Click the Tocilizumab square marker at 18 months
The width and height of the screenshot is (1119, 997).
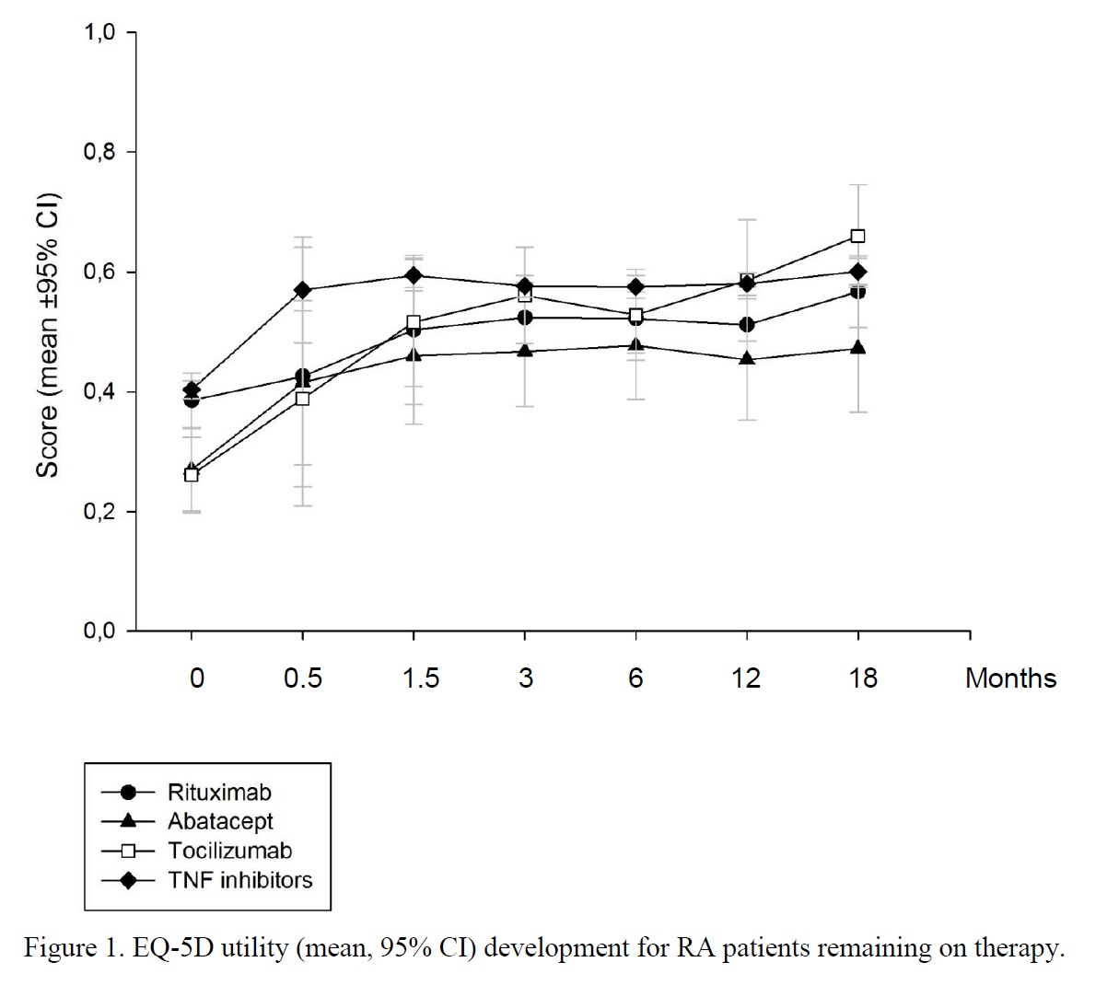pos(857,236)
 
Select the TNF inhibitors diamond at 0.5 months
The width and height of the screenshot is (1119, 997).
pos(302,290)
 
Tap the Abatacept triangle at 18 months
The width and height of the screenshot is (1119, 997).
pos(857,348)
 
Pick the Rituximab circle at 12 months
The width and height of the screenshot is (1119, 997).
pos(747,324)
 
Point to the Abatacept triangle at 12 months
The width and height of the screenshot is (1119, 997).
pos(747,358)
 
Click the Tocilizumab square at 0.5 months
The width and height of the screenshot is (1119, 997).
pos(302,399)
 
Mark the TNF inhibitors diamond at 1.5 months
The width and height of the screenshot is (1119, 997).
pos(414,275)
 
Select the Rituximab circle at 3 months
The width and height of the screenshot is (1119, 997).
pos(524,317)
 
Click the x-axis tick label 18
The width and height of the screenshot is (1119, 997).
pos(862,678)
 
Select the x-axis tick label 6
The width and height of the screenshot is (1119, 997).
pos(635,678)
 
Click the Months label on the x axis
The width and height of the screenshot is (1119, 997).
pos(1010,678)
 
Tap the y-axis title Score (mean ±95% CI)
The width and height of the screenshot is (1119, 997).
pos(48,335)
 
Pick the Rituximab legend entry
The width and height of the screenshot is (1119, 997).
pos(219,792)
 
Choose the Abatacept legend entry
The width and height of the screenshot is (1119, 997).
pos(220,821)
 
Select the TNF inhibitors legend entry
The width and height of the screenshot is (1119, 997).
pos(239,880)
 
